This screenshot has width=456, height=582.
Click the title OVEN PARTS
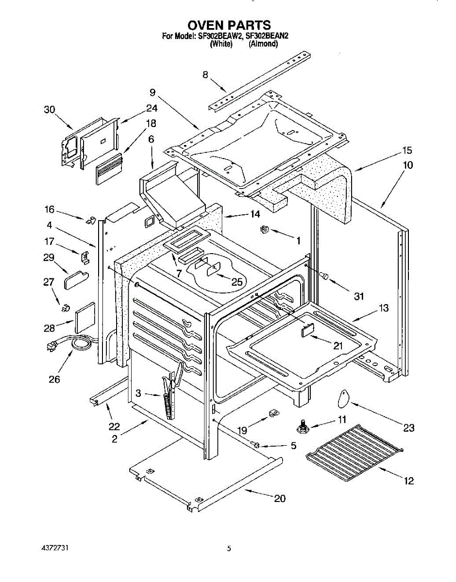tap(229, 25)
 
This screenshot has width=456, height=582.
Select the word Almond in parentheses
tap(263, 44)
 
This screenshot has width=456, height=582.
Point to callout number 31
tap(359, 296)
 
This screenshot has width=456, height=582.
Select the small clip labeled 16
tap(91, 220)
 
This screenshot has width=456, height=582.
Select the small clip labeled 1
tap(265, 229)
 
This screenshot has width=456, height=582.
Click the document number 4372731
tap(55, 548)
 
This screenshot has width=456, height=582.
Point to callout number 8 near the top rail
tap(205, 75)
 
